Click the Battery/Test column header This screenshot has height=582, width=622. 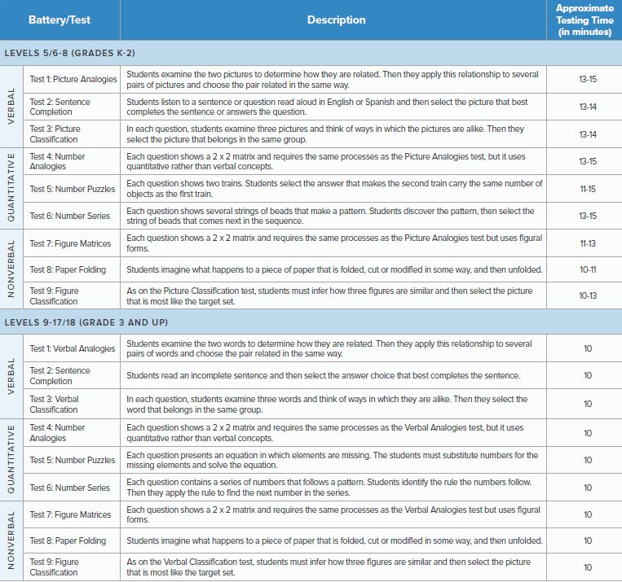60,20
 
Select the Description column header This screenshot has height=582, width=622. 336,20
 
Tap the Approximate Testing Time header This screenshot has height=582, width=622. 585,20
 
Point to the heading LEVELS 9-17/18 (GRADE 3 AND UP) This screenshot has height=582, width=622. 86,322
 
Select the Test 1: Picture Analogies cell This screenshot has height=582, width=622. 73,79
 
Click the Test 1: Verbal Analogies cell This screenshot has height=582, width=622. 73,348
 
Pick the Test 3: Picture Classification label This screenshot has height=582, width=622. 55,133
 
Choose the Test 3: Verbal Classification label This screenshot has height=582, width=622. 55,404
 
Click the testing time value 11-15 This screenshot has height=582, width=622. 587,189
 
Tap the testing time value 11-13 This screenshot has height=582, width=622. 587,243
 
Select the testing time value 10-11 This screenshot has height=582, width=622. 587,269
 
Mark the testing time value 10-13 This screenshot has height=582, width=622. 587,296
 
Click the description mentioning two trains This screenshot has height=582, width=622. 334,189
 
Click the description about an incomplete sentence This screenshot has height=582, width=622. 323,375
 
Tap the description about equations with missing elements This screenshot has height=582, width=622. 333,460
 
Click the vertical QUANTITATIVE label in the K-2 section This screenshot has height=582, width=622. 11,189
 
